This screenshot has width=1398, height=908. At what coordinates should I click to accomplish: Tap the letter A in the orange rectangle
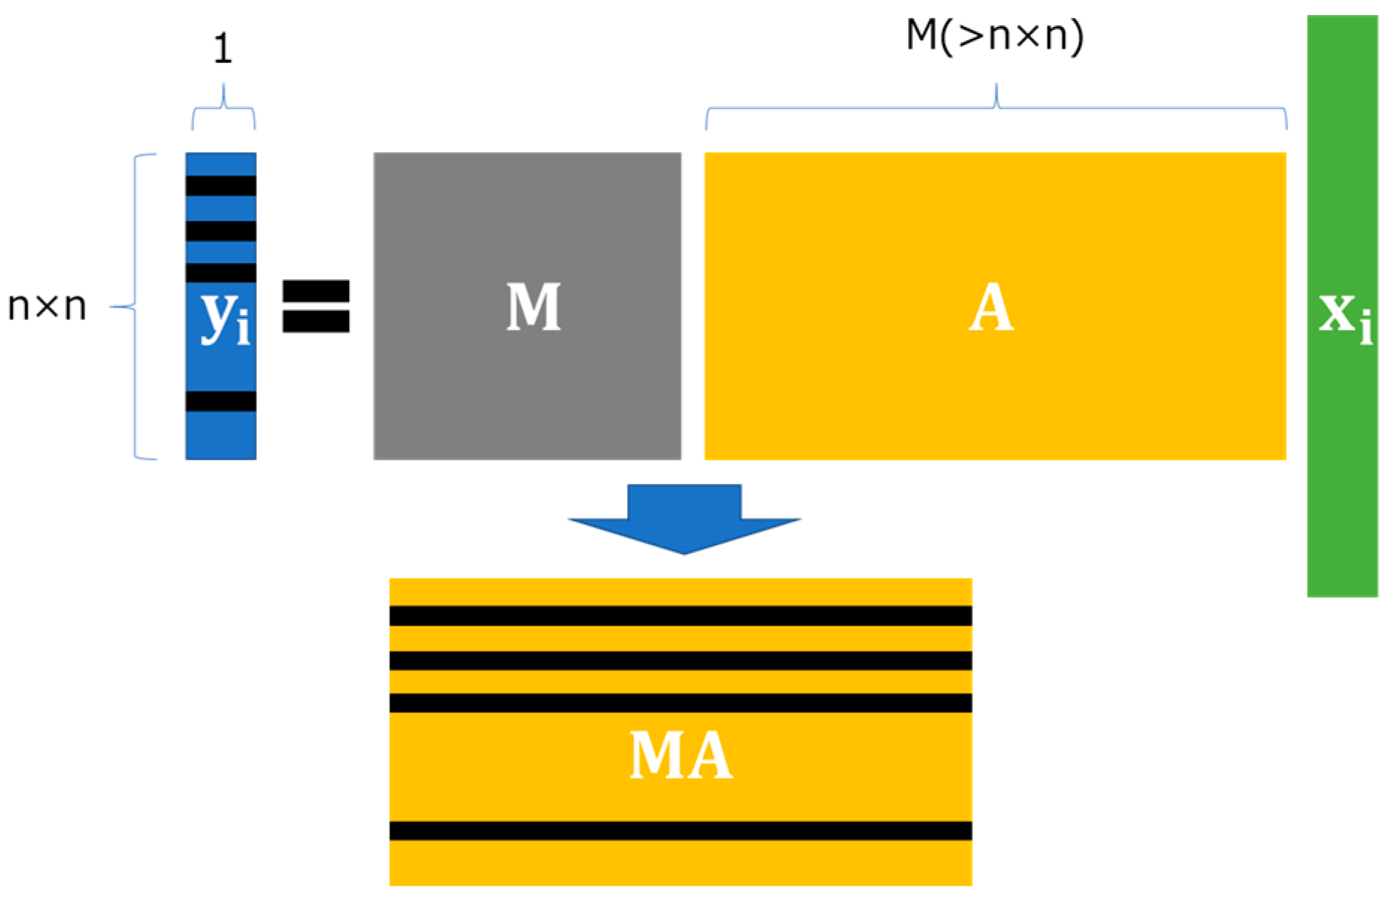[991, 307]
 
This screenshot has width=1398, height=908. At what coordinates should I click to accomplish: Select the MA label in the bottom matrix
[680, 756]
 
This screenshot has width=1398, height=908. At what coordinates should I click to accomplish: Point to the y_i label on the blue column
[223, 317]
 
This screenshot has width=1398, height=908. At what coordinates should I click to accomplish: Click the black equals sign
[315, 306]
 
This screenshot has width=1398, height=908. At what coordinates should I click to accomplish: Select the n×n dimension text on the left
[47, 306]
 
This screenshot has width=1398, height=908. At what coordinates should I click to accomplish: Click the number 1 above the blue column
[223, 49]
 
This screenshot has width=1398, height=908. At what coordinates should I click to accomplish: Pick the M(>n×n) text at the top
[995, 35]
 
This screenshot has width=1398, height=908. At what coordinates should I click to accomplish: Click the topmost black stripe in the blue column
[220, 185]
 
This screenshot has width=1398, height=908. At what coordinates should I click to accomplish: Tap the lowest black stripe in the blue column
[220, 401]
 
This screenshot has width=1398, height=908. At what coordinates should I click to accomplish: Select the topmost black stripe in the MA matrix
[680, 615]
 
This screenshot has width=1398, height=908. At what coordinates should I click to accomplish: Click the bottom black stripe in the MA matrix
[680, 830]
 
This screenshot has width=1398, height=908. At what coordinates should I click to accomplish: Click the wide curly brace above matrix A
[996, 108]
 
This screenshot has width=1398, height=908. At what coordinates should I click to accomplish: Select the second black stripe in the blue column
[220, 231]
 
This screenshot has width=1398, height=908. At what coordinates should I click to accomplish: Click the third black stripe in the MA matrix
[680, 703]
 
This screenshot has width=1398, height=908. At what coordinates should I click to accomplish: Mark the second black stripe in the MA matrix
[680, 660]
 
